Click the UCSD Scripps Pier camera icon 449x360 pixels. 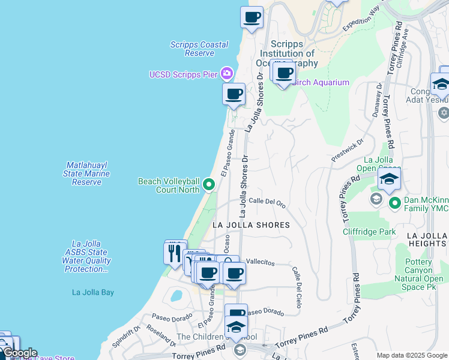[226, 74]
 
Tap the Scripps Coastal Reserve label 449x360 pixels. [199, 49]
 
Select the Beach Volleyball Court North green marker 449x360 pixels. [208, 184]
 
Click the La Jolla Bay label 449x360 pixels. [92, 292]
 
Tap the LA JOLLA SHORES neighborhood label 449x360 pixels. [251, 225]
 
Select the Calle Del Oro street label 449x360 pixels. [267, 202]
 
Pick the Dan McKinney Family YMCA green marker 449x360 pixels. [394, 203]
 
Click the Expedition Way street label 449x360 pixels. [362, 20]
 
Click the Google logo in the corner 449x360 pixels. [19, 353]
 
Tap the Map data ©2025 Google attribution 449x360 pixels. [412, 355]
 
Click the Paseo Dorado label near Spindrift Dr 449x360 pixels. [166, 316]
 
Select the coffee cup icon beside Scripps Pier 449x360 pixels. [234, 94]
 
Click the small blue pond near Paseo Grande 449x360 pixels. [176, 295]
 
